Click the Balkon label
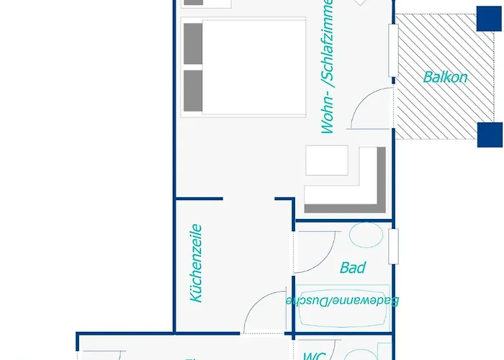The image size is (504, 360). pyautogui.click(x=445, y=77)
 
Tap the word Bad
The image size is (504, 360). pyautogui.click(x=352, y=268)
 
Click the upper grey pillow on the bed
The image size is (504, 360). pyautogui.click(x=193, y=43)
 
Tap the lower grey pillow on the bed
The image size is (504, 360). pyautogui.click(x=193, y=90)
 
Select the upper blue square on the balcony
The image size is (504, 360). pyautogui.click(x=489, y=19)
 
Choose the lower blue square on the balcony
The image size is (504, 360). pyautogui.click(x=490, y=135)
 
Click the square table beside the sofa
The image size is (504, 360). pyautogui.click(x=327, y=160)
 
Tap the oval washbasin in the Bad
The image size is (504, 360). pyautogui.click(x=365, y=234)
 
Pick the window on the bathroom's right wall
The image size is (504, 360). pyautogui.click(x=393, y=246)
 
